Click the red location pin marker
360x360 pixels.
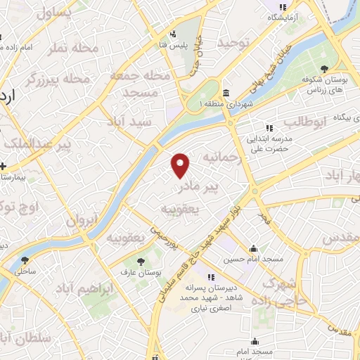[x=181, y=165]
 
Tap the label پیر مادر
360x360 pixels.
[x=198, y=187]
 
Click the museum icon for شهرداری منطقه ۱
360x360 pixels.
[x=225, y=94]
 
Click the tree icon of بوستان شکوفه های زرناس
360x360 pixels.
[x=324, y=68]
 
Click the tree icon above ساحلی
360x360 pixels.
[x=25, y=261]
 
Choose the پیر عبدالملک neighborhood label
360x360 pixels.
[x=37, y=145]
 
